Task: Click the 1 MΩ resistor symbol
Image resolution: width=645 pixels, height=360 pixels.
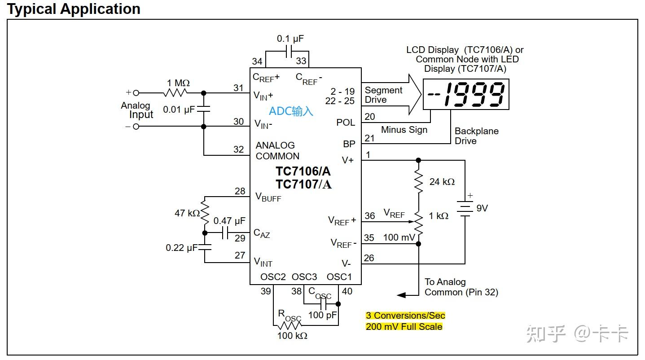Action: pyautogui.click(x=176, y=93)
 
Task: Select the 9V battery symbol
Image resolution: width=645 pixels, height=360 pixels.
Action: pyautogui.click(x=465, y=208)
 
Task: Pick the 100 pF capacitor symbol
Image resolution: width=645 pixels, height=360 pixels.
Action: pyautogui.click(x=323, y=304)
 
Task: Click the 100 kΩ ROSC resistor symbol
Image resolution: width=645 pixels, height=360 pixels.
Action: pyautogui.click(x=290, y=325)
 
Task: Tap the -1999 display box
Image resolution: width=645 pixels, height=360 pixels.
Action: pyautogui.click(x=466, y=94)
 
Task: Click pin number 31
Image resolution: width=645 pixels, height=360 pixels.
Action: pyautogui.click(x=238, y=88)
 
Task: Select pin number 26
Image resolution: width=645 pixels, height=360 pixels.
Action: pyautogui.click(x=369, y=258)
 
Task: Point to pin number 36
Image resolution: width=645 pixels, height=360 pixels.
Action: pyautogui.click(x=369, y=216)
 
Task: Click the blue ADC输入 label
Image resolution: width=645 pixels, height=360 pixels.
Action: pyautogui.click(x=291, y=111)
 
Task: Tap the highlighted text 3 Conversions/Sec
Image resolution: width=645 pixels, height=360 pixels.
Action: pyautogui.click(x=405, y=316)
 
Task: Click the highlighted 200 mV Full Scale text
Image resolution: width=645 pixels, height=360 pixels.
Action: pyautogui.click(x=404, y=326)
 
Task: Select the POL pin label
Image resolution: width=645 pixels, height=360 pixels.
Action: pyautogui.click(x=346, y=123)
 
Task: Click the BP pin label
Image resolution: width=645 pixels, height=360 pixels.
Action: pyautogui.click(x=349, y=144)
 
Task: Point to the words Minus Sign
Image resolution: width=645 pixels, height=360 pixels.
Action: pyautogui.click(x=404, y=130)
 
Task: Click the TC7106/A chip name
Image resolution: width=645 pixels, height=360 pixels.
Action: pyautogui.click(x=303, y=171)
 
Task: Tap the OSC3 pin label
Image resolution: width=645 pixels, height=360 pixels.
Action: pyautogui.click(x=304, y=277)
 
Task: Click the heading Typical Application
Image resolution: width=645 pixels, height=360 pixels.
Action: pyautogui.click(x=74, y=9)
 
